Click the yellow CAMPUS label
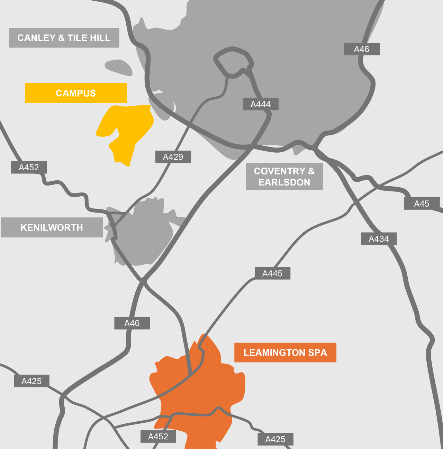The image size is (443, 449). (x=76, y=93)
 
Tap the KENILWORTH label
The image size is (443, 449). (x=52, y=227)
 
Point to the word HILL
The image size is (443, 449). (x=100, y=38)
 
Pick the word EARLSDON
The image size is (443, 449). (x=284, y=182)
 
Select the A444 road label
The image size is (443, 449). (x=261, y=104)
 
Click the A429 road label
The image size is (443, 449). (x=173, y=157)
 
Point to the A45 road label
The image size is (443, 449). (x=422, y=204)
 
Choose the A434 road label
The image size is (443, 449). (x=379, y=239)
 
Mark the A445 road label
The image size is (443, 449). (x=272, y=273)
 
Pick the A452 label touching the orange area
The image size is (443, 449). (x=158, y=437)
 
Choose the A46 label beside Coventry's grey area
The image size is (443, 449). (x=362, y=49)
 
